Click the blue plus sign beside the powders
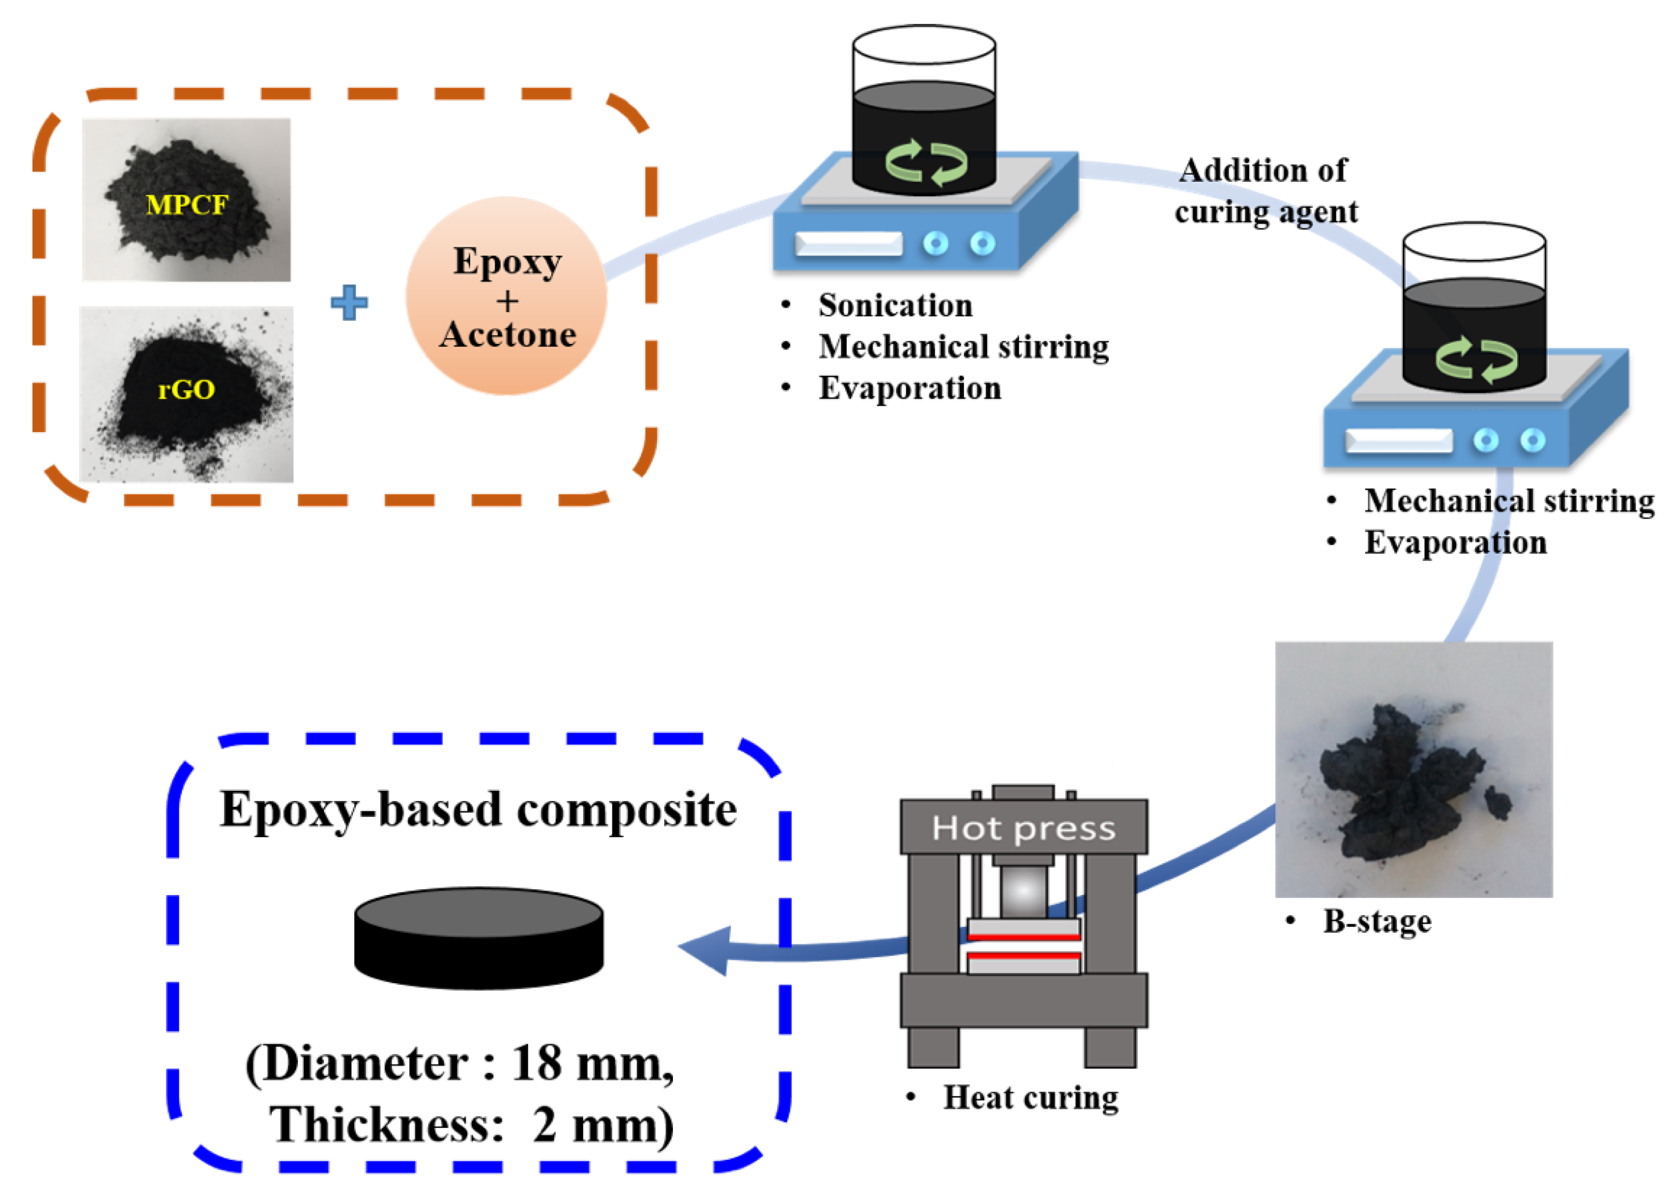pyautogui.click(x=349, y=302)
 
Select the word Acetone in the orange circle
pyautogui.click(x=507, y=335)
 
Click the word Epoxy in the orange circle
pyautogui.click(x=507, y=261)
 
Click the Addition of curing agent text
pyautogui.click(x=1265, y=191)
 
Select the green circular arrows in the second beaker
pyautogui.click(x=1477, y=360)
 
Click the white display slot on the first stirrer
pyautogui.click(x=848, y=244)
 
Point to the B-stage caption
pyautogui.click(x=1377, y=922)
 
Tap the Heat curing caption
pyautogui.click(x=1030, y=1098)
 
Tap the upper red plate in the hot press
pyautogui.click(x=1024, y=937)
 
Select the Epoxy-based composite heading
pyautogui.click(x=478, y=810)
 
